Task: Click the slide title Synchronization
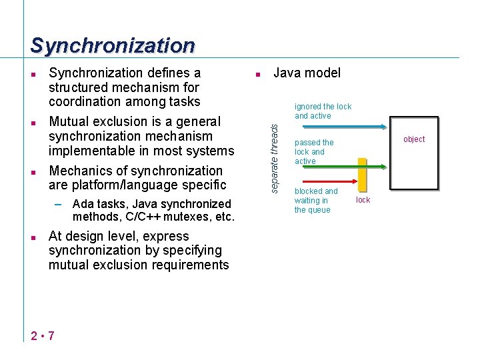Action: pos(113,45)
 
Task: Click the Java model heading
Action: pos(307,73)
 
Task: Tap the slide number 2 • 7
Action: pos(43,335)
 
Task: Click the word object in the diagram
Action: pos(414,139)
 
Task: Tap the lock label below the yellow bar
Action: pos(363,199)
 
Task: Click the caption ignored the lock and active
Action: pos(323,111)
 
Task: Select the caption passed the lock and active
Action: pos(314,152)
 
